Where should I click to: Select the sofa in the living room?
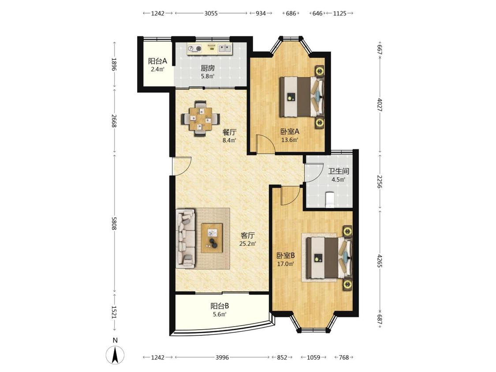pyautogui.click(x=186, y=238)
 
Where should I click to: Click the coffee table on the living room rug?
pyautogui.click(x=212, y=238)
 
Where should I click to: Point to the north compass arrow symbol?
pyautogui.click(x=116, y=355)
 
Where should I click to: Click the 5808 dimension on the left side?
pyautogui.click(x=114, y=223)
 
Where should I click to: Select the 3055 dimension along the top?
pyautogui.click(x=211, y=13)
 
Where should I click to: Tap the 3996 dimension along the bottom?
pyautogui.click(x=222, y=357)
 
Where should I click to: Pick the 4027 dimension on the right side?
pyautogui.click(x=380, y=105)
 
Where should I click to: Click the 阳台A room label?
pyautogui.click(x=157, y=61)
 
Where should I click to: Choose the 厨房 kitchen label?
pyautogui.click(x=208, y=68)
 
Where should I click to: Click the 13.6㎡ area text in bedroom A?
pyautogui.click(x=290, y=140)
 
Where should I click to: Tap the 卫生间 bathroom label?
pyautogui.click(x=339, y=171)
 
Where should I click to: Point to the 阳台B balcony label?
pyautogui.click(x=220, y=306)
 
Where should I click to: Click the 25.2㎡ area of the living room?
pyautogui.click(x=247, y=244)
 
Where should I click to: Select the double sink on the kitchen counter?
pyautogui.click(x=225, y=48)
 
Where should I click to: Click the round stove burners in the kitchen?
pyautogui.click(x=194, y=48)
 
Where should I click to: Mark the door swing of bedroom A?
pyautogui.click(x=265, y=144)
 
